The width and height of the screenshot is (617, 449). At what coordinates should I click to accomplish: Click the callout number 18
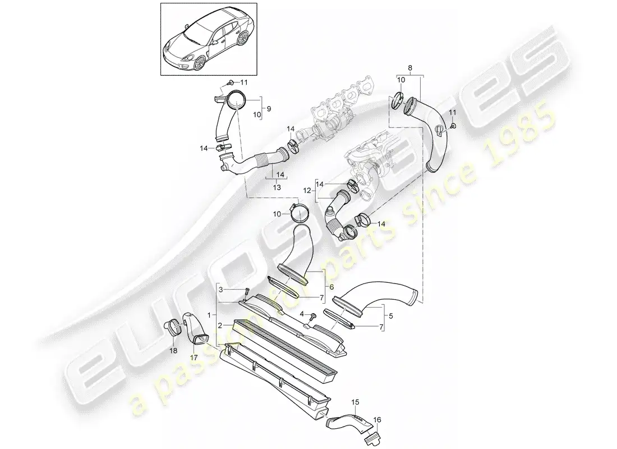coord(173,351)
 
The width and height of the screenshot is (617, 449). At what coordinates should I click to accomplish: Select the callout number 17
coord(193,358)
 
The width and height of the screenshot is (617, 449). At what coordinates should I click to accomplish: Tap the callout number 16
coord(377,420)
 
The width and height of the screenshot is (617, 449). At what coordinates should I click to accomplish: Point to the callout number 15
coord(355,402)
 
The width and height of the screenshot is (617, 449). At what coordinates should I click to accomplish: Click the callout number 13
coord(277,187)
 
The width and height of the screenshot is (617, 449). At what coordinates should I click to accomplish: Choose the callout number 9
coord(269,108)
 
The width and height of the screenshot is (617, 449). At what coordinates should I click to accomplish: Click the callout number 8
coord(410,68)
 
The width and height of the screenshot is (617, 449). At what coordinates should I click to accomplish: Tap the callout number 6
coord(331,287)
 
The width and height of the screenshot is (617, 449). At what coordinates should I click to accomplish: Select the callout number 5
coord(390,315)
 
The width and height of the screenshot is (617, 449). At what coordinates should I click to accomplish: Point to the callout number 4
coord(302,314)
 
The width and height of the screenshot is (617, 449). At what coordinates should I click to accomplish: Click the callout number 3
coord(221,290)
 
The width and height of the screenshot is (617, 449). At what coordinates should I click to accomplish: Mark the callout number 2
coord(221,326)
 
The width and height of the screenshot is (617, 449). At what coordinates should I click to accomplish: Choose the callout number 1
coord(209,315)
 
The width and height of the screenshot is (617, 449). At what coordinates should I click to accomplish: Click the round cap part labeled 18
coord(172,328)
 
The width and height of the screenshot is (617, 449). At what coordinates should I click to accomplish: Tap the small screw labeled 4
coord(313,316)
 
